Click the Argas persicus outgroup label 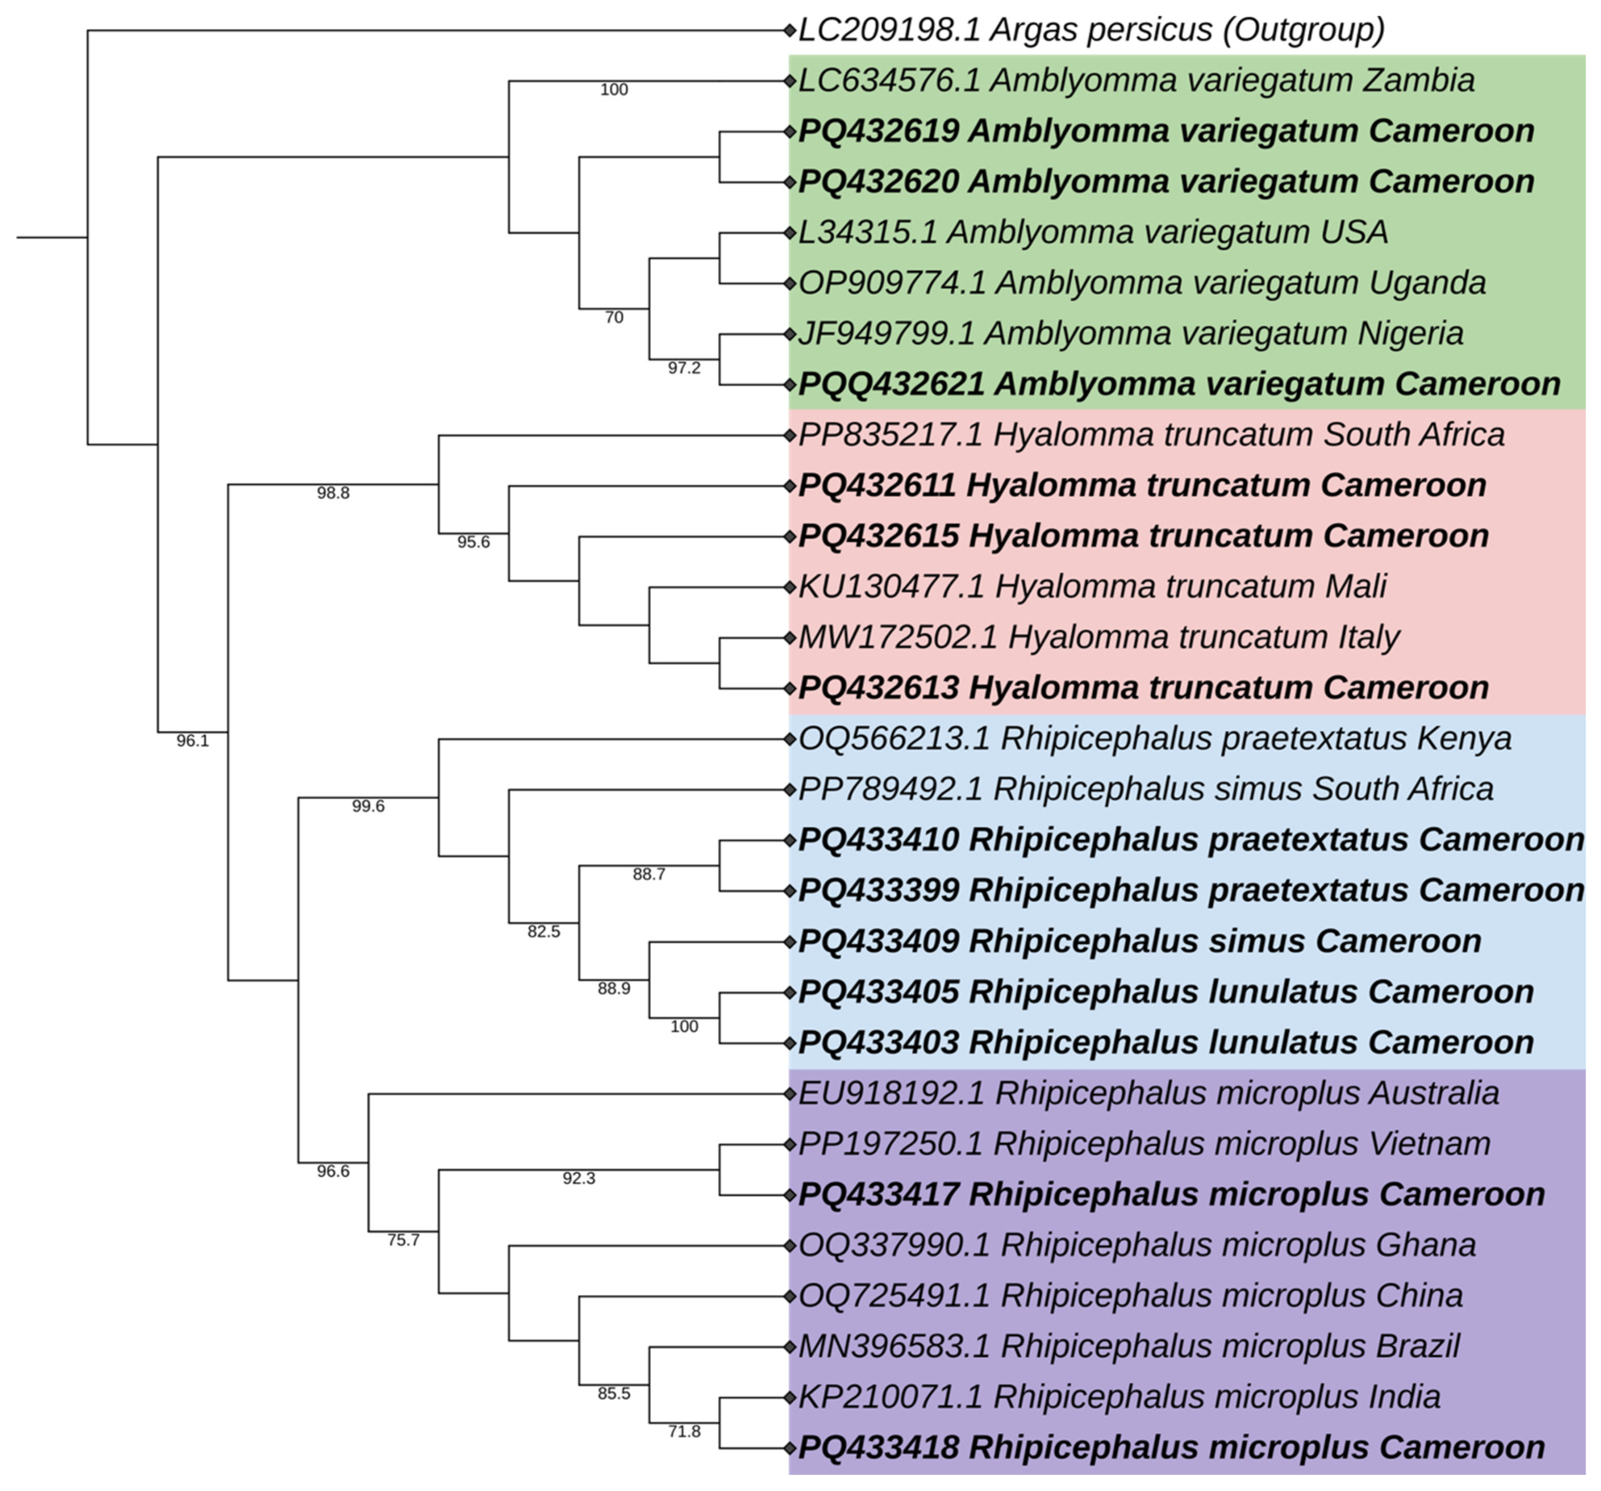1091,31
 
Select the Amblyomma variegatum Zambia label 1135,81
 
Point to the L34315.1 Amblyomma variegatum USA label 1093,233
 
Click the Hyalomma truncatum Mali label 1092,587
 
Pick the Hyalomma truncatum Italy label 1098,638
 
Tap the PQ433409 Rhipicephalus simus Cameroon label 1139,941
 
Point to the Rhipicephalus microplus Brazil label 1128,1346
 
